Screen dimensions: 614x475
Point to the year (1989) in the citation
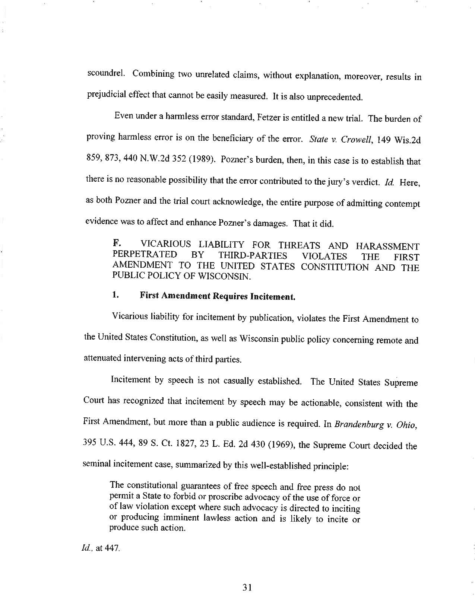[x=201, y=160]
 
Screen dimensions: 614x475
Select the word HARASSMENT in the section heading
[x=387, y=246]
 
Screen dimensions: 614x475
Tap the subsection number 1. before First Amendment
[x=115, y=295]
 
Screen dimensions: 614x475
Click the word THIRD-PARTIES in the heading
[x=253, y=255]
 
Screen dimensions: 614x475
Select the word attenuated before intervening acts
[x=103, y=358]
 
